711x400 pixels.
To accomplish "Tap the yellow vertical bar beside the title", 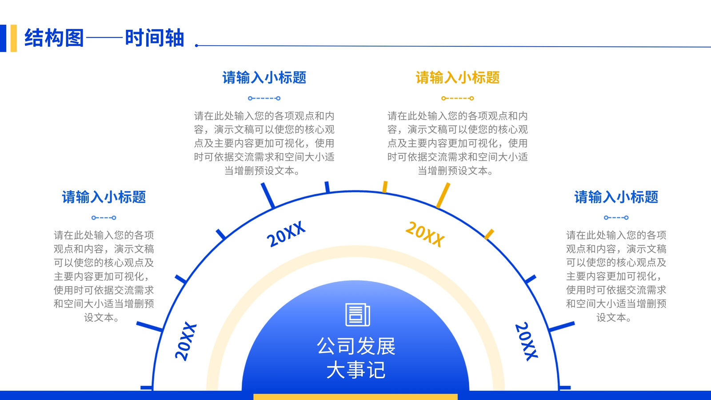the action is click(14, 38).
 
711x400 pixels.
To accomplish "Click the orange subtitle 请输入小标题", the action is click(457, 77).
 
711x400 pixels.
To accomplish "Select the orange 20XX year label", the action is click(425, 234).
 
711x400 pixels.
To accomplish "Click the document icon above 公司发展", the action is click(357, 315).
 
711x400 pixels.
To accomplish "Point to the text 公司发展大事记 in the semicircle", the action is click(356, 358).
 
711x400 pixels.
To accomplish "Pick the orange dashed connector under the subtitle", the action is click(457, 98).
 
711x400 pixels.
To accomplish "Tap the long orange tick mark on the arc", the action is click(443, 195).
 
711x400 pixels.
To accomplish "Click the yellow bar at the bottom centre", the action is click(355, 397).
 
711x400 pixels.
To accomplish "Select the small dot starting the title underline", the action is click(196, 46).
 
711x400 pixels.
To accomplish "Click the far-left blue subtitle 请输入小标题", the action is click(104, 197).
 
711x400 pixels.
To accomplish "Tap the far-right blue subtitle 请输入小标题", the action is click(616, 197).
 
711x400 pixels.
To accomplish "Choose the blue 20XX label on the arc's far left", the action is click(186, 342).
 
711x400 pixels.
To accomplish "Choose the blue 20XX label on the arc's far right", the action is click(526, 342).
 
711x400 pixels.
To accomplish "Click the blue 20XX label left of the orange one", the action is click(286, 234).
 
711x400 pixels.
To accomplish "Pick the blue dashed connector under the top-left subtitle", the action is click(264, 98).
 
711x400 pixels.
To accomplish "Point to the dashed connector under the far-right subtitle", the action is click(616, 218).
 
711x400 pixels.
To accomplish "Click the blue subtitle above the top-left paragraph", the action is click(264, 77).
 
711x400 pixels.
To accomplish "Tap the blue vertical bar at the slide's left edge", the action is click(3, 38).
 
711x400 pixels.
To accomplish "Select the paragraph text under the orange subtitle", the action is click(457, 143).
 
